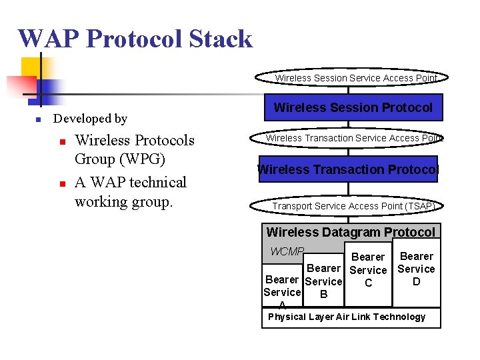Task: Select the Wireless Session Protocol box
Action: tap(353, 107)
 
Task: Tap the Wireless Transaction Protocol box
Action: tap(348, 169)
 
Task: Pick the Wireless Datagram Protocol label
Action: tap(351, 232)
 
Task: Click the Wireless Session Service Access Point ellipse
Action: tap(356, 78)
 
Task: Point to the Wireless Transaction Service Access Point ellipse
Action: tap(353, 138)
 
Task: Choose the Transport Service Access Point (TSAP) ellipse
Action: tap(353, 206)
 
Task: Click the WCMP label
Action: tap(287, 252)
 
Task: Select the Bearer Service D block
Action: tap(416, 269)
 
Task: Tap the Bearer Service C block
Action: tap(368, 270)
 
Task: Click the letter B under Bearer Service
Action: tap(323, 294)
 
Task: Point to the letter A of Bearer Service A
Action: tap(283, 305)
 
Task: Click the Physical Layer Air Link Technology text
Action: tap(347, 317)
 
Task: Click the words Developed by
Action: tap(90, 119)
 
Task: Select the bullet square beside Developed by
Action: tap(39, 120)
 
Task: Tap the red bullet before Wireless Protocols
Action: tap(61, 142)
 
